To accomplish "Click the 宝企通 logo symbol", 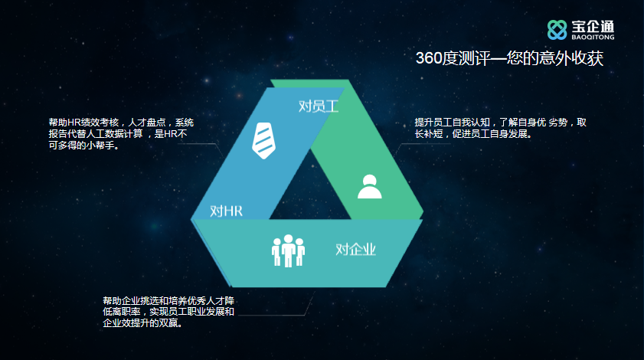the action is [x=557, y=30].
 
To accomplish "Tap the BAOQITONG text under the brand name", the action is [x=593, y=37].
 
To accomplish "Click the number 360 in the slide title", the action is [x=428, y=58].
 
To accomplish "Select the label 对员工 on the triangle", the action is [x=319, y=106].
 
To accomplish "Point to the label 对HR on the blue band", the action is [x=226, y=211].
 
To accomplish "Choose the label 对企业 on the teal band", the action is [x=355, y=249].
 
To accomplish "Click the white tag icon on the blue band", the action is [x=263, y=140].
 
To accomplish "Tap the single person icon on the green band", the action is [x=370, y=187].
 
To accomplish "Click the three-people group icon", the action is [x=288, y=250].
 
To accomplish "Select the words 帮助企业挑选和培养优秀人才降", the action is [x=168, y=301].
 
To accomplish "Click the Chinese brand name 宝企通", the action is [x=593, y=26].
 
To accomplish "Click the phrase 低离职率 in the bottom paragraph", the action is [x=122, y=312].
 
